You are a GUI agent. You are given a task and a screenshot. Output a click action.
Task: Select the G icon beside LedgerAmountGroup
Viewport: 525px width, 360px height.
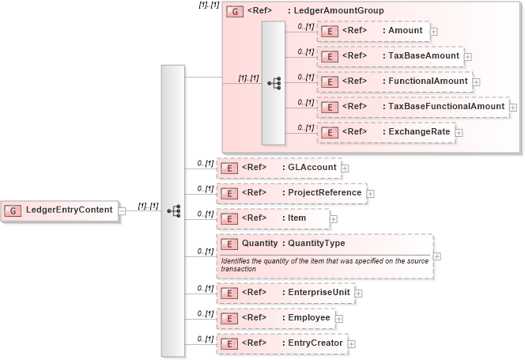235,12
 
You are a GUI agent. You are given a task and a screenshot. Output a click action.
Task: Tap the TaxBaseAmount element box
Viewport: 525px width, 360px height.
390,57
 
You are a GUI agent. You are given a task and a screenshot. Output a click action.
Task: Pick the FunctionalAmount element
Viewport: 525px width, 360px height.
395,81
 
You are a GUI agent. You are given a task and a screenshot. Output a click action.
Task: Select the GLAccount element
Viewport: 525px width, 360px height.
278,168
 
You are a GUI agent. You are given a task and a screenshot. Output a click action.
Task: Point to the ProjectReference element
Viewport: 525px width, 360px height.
291,193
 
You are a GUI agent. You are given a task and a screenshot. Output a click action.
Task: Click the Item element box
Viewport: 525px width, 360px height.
273,218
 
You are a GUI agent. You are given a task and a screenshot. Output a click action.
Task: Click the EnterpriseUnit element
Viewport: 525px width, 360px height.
285,294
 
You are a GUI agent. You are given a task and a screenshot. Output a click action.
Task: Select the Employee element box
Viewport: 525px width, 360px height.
275,318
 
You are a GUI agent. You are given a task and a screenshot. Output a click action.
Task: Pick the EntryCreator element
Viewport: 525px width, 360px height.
281,343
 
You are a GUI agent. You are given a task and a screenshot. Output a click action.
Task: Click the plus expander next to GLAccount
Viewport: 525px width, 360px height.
345,168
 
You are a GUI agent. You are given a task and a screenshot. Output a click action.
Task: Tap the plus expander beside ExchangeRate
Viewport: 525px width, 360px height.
459,132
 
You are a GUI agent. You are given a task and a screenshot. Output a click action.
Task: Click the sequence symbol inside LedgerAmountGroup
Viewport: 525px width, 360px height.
274,82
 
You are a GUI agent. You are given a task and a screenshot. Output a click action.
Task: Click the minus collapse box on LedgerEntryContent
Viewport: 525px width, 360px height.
123,210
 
